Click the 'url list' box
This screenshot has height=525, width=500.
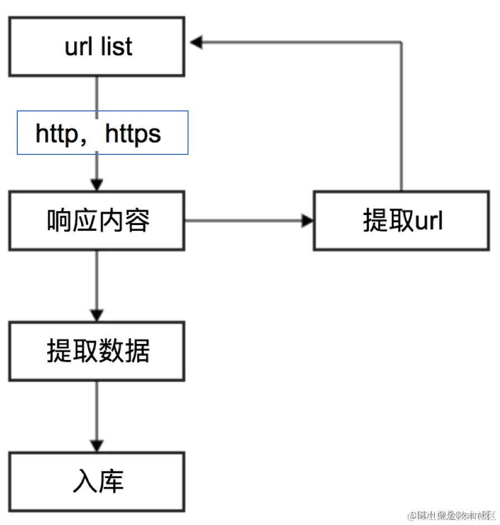click(96, 46)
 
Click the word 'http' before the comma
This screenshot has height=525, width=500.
click(56, 134)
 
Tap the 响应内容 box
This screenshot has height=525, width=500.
click(96, 221)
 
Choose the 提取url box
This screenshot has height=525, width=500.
click(402, 221)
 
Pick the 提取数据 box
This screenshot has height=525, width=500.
click(96, 351)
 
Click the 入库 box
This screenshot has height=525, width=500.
click(96, 482)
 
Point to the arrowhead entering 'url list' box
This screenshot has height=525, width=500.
click(195, 42)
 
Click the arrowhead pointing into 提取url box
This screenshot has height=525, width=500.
click(307, 221)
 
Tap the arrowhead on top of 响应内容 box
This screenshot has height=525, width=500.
click(97, 184)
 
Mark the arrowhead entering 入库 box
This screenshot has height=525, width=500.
click(97, 445)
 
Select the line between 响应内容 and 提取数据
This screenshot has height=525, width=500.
click(97, 279)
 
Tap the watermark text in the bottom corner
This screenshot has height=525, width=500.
click(452, 515)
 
